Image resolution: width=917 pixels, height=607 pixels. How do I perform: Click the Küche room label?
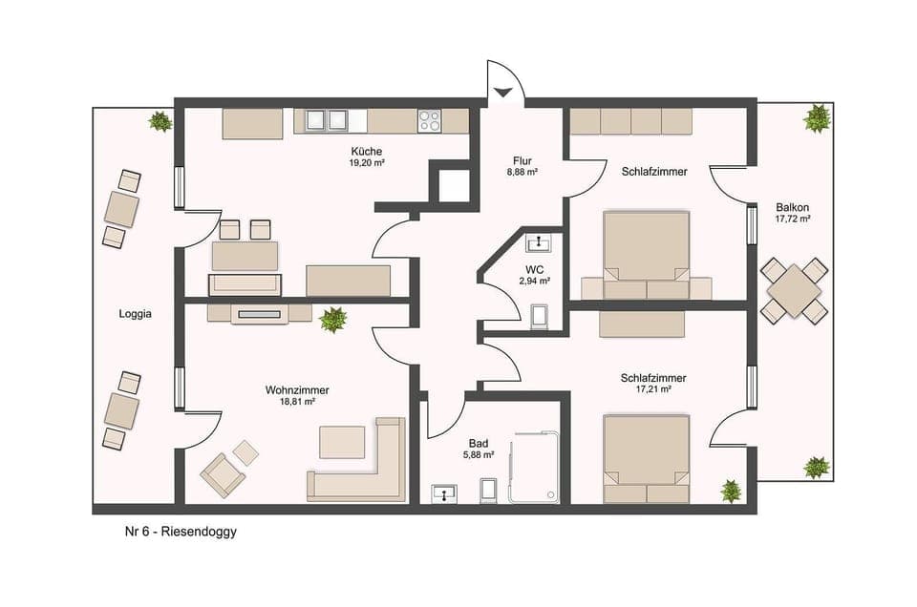(367, 151)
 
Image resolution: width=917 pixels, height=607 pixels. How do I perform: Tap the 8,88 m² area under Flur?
(522, 173)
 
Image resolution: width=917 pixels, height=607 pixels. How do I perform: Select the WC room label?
(534, 268)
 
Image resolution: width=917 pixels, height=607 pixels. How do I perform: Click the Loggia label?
(134, 313)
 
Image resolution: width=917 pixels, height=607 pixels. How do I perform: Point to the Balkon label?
(793, 206)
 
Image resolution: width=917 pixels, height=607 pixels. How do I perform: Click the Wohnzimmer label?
(290, 389)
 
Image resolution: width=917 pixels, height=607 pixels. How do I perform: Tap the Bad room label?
(480, 443)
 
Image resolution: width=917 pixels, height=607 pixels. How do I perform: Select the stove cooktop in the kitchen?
(430, 120)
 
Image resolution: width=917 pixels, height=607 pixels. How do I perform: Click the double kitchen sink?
(325, 120)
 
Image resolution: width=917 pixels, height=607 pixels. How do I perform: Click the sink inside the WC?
(541, 241)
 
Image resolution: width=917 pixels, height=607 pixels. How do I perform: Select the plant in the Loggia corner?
(160, 121)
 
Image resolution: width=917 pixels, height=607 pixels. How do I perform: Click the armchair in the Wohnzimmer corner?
(223, 473)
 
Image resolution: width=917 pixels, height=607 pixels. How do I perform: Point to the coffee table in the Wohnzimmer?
(342, 442)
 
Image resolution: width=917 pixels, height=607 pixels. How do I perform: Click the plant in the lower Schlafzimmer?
(732, 491)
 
